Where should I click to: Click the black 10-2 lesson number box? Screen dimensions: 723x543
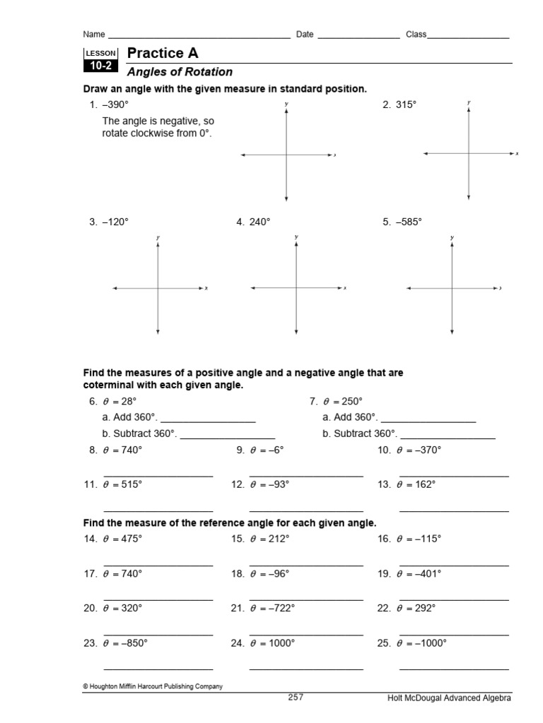click(x=100, y=66)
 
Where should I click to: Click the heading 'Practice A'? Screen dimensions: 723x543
click(x=163, y=53)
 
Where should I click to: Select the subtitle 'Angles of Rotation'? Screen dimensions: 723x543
click(x=180, y=72)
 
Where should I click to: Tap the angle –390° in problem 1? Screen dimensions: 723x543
click(x=115, y=104)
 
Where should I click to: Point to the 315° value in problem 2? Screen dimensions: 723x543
click(x=406, y=104)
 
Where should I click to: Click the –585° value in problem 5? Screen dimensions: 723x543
click(x=408, y=222)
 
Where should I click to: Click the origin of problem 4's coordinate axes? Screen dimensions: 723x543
click(x=296, y=288)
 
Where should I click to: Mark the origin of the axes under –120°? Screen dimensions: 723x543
click(x=158, y=288)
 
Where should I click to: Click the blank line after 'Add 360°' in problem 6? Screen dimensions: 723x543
click(x=208, y=422)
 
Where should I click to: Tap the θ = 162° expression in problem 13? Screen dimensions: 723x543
click(x=416, y=484)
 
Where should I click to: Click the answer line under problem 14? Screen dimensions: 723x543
click(x=158, y=566)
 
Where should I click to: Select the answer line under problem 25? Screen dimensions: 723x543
click(x=454, y=669)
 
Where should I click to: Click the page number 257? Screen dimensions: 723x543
click(x=295, y=697)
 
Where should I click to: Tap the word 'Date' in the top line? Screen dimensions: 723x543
click(x=305, y=34)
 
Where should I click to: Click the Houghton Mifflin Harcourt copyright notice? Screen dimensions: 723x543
click(x=153, y=686)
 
